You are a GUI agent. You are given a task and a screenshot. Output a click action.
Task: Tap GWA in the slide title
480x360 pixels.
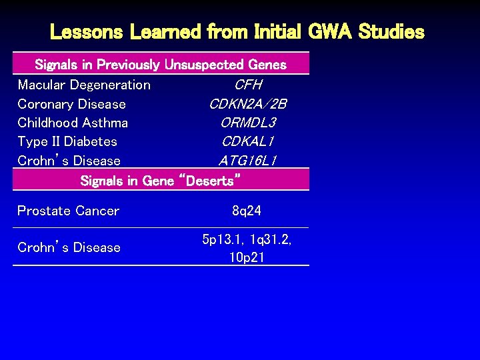pos(327,31)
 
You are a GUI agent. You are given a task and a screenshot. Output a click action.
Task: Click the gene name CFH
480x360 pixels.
pos(247,85)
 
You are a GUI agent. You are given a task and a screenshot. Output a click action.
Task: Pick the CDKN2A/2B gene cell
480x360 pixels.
pos(247,104)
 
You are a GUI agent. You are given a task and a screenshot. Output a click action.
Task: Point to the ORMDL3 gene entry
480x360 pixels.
pos(247,123)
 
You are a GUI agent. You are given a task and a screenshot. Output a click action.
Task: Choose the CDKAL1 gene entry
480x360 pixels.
pos(247,141)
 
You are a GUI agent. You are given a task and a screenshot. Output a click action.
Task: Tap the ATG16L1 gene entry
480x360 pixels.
pos(247,161)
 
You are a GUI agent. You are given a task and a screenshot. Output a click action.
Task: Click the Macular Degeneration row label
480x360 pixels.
pos(84,85)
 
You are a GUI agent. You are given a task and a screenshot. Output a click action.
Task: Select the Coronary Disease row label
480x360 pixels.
pos(71,104)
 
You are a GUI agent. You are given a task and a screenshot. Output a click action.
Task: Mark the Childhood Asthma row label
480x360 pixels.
pos(73,123)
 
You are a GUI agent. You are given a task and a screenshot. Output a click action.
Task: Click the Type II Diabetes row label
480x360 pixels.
pos(67,141)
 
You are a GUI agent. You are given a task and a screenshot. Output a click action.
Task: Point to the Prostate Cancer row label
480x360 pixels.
pos(68,211)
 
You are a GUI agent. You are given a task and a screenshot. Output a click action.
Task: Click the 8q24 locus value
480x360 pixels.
pos(247,211)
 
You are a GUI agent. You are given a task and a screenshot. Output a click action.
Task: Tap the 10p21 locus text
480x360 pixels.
pos(247,257)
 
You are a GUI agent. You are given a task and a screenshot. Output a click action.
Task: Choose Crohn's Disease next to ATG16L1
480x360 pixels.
pos(69,161)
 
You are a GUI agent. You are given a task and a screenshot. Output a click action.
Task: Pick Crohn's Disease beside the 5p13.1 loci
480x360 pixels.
pos(69,247)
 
